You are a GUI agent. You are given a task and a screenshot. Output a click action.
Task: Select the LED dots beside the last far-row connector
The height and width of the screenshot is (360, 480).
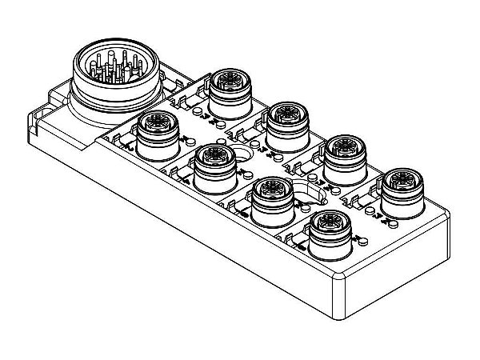(x=372, y=210)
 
